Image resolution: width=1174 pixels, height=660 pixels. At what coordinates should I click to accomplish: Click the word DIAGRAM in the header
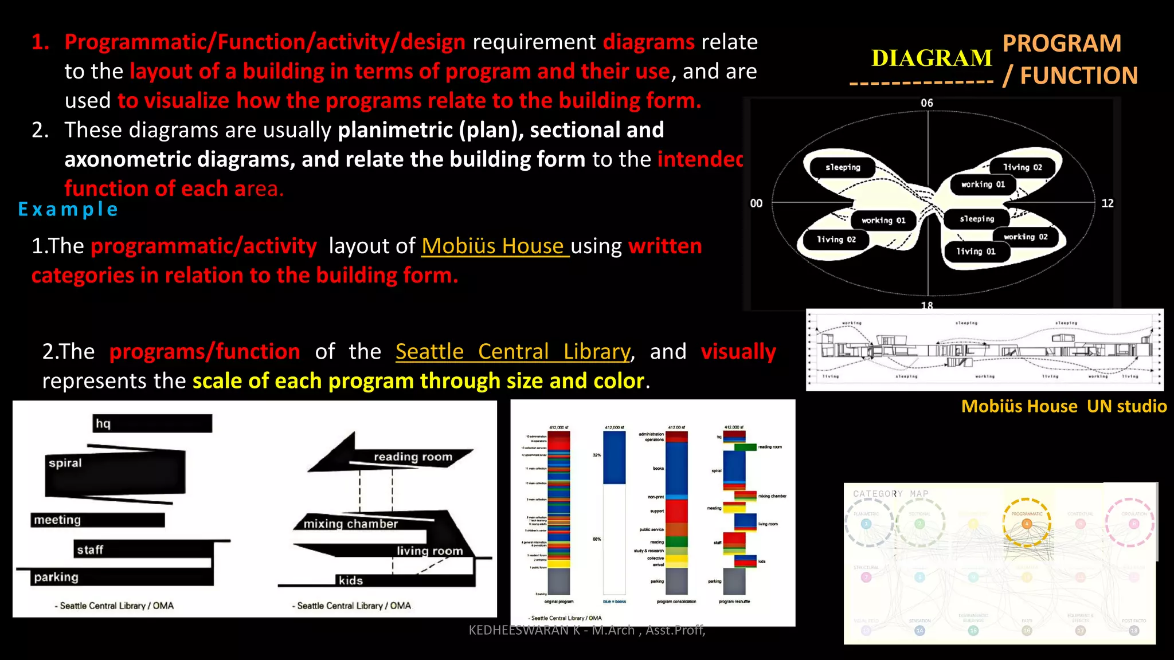[x=932, y=58]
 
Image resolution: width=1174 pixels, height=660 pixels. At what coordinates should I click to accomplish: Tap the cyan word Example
[x=68, y=209]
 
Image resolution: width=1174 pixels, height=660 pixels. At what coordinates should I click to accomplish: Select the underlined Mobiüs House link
[x=495, y=246]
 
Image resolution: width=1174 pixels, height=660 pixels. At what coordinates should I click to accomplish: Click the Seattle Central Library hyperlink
[x=513, y=351]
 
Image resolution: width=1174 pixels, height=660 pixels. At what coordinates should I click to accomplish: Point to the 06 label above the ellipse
[x=927, y=103]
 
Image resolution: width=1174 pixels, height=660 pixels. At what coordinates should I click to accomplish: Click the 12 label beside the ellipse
[x=1108, y=203]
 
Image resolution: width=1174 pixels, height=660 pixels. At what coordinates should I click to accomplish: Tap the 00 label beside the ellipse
[x=756, y=203]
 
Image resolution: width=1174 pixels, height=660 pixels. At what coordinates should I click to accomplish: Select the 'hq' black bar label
[x=103, y=423]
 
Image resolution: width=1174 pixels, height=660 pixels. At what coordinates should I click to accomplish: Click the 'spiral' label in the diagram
[x=65, y=463]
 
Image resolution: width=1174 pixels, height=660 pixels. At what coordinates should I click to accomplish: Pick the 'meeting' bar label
[x=57, y=520]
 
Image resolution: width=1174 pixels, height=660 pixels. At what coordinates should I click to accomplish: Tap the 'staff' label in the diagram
[x=90, y=550]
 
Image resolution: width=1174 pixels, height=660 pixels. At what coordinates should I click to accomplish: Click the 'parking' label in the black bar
[x=56, y=577]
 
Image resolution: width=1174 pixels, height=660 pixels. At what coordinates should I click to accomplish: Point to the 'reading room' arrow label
[x=413, y=457]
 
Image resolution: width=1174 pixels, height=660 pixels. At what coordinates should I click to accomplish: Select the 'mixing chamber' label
[x=350, y=524]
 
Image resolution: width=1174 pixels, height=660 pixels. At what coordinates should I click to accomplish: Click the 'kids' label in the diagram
[x=350, y=580]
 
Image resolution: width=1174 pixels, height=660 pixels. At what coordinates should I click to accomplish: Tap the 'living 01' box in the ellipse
[x=976, y=252]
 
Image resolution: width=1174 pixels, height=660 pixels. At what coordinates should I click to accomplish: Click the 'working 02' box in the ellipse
[x=1026, y=237]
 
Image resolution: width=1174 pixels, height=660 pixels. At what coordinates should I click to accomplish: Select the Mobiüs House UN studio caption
[x=1064, y=406]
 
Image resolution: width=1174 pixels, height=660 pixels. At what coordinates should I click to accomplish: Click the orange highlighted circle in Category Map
[x=1027, y=523]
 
